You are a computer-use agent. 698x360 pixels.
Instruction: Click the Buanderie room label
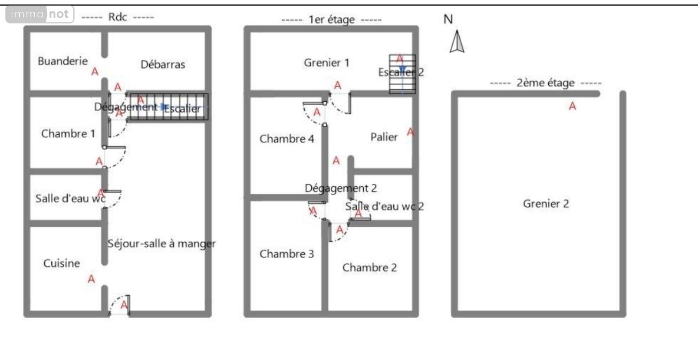pyautogui.click(x=62, y=61)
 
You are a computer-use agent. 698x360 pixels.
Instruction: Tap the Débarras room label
pyautogui.click(x=163, y=65)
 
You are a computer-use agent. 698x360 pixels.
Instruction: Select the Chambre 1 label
pyautogui.click(x=68, y=134)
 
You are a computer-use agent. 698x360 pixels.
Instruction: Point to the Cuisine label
pyautogui.click(x=61, y=263)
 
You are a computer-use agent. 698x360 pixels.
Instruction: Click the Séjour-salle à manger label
pyautogui.click(x=161, y=244)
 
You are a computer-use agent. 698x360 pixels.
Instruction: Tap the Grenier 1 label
pyautogui.click(x=327, y=62)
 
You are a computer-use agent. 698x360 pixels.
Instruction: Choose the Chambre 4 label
pyautogui.click(x=287, y=139)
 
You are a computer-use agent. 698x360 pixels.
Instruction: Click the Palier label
pyautogui.click(x=384, y=137)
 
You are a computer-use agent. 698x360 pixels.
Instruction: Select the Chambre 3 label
pyautogui.click(x=287, y=254)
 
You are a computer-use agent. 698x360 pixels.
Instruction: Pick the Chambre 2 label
pyautogui.click(x=369, y=268)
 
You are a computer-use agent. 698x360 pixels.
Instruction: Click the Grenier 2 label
pyautogui.click(x=546, y=204)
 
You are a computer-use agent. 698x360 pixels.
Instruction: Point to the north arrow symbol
pyautogui.click(x=457, y=42)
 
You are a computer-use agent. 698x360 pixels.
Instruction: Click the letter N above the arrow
pyautogui.click(x=448, y=19)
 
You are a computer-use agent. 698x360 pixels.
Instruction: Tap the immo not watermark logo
pyautogui.click(x=40, y=15)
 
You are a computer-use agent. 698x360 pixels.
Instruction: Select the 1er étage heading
pyautogui.click(x=331, y=20)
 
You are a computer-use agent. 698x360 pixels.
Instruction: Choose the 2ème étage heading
pyautogui.click(x=545, y=84)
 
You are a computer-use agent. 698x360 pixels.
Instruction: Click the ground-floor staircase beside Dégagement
pyautogui.click(x=169, y=107)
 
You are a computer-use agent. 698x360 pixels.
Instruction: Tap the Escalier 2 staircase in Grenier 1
pyautogui.click(x=402, y=74)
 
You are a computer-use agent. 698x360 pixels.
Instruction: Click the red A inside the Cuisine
pyautogui.click(x=92, y=279)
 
